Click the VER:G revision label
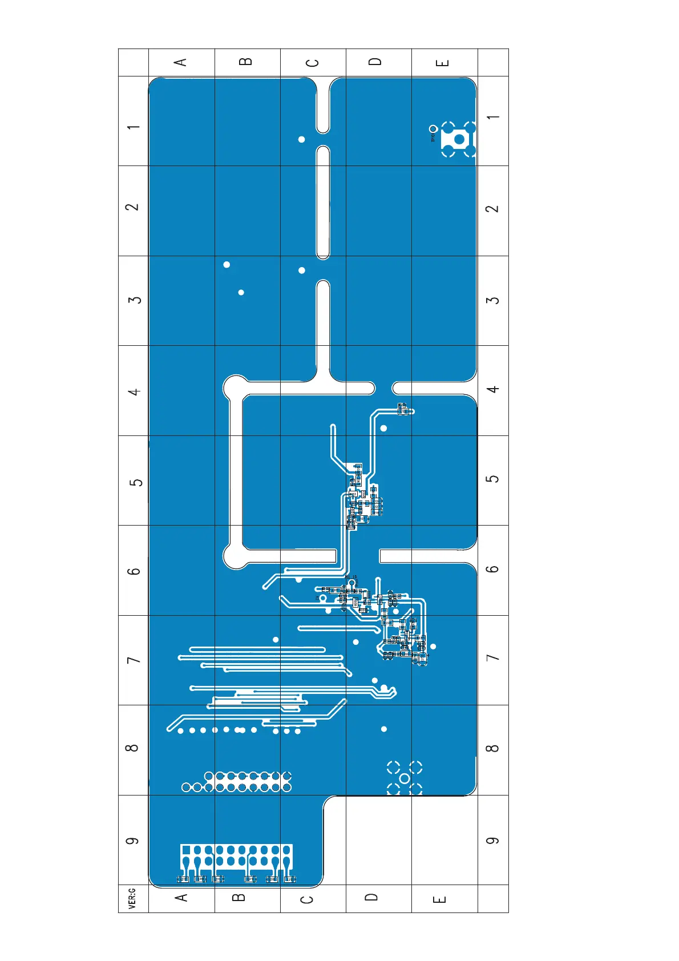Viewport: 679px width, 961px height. click(132, 898)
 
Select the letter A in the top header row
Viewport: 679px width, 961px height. click(181, 62)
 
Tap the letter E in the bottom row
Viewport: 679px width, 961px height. click(439, 899)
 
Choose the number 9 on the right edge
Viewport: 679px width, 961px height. click(492, 841)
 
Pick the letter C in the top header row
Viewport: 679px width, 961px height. click(313, 62)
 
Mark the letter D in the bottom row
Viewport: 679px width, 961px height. click(371, 897)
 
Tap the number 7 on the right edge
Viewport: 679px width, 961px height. click(492, 657)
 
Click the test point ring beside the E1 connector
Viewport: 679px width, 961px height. click(434, 129)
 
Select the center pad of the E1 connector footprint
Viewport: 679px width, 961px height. click(459, 139)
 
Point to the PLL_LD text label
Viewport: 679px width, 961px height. click(351, 577)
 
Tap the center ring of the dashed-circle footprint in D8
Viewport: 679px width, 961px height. click(405, 778)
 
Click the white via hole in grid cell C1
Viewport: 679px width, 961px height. click(302, 139)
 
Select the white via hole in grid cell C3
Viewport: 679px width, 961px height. click(302, 270)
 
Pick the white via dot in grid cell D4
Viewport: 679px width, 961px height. click(384, 428)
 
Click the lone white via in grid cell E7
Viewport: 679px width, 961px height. click(433, 647)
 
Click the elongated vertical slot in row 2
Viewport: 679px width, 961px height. click(323, 202)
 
